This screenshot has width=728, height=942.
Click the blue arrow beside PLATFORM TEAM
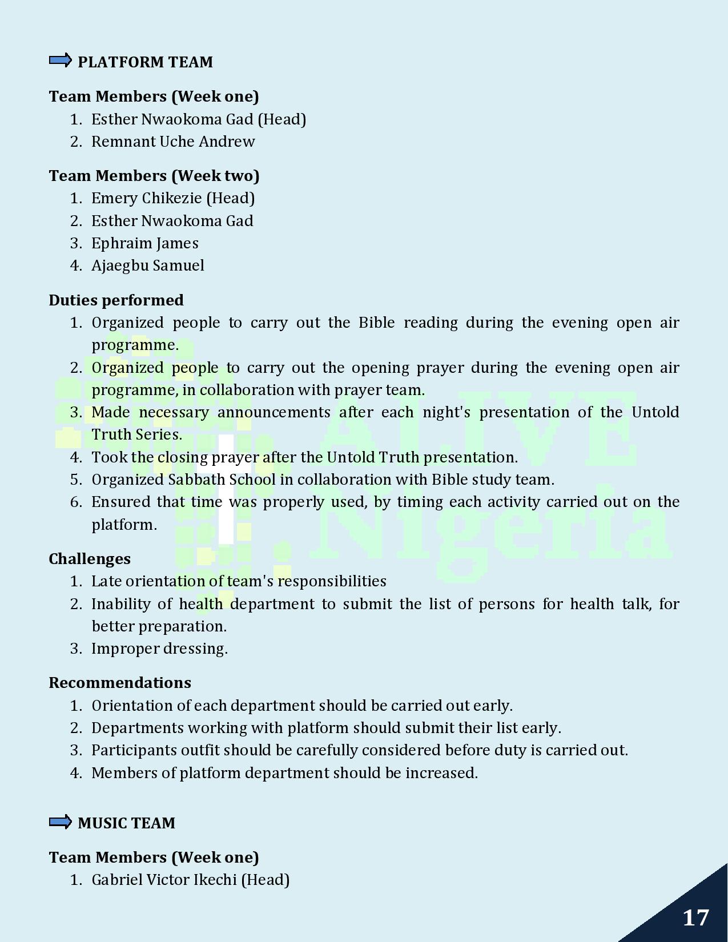pos(60,61)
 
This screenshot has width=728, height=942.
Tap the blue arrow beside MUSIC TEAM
pos(60,822)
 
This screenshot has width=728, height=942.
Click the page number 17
pos(695,918)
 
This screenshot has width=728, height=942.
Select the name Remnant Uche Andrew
pos(173,142)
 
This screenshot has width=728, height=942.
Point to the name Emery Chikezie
pos(146,198)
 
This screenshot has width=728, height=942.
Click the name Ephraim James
pos(145,243)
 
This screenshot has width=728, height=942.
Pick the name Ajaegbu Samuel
pos(147,265)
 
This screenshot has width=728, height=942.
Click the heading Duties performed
pos(116,300)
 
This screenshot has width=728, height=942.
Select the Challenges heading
pos(90,559)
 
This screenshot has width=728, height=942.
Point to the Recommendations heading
pos(120,683)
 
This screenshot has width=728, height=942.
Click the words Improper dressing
pos(159,649)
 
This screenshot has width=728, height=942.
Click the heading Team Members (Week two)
pos(154,176)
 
